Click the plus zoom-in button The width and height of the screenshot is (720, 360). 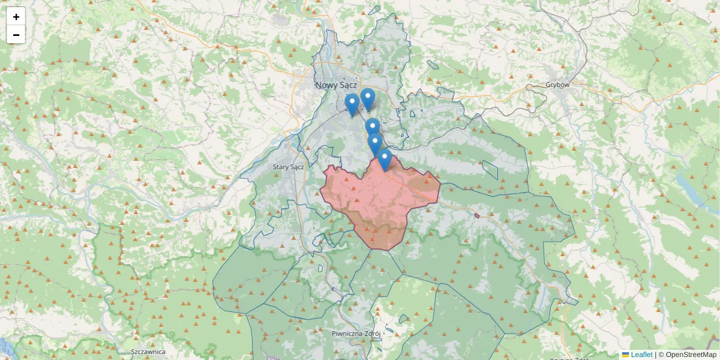pyautogui.click(x=16, y=17)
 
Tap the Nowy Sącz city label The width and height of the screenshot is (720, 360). pyautogui.click(x=337, y=85)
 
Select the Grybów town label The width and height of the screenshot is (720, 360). pyautogui.click(x=557, y=85)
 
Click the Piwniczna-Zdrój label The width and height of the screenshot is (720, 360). pyautogui.click(x=357, y=333)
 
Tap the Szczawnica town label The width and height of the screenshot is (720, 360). pyautogui.click(x=148, y=352)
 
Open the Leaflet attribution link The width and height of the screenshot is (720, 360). pyautogui.click(x=641, y=355)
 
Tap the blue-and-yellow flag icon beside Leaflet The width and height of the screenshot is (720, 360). pyautogui.click(x=625, y=355)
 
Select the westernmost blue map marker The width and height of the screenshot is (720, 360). pyautogui.click(x=352, y=104)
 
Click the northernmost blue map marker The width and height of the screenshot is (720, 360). pyautogui.click(x=367, y=99)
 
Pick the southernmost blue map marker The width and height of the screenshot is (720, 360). pyautogui.click(x=385, y=160)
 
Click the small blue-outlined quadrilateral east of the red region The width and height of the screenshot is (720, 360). pyautogui.click(x=491, y=170)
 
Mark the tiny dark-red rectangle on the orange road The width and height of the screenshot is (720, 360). pyautogui.click(x=476, y=215)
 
